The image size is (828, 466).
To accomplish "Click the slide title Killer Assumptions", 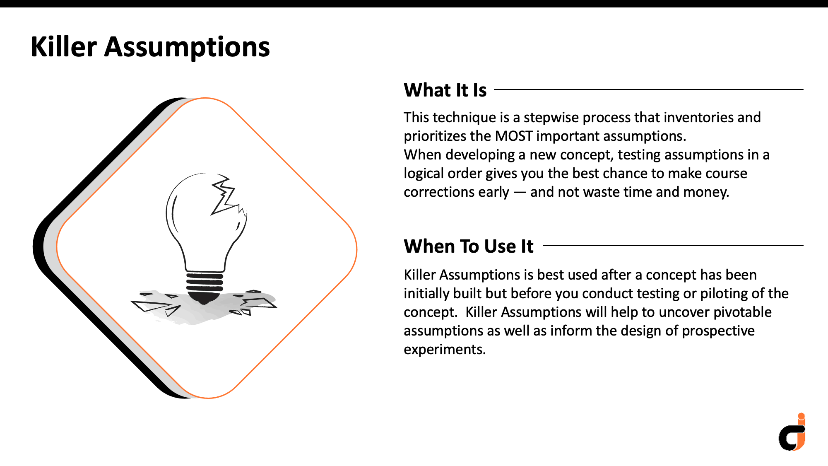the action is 150,47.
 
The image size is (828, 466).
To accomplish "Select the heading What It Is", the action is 445,90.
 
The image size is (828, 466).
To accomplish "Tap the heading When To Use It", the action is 469,246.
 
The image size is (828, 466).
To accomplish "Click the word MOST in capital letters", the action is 514,136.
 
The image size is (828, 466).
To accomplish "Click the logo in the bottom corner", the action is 792,432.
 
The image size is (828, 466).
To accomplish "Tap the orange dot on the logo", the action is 802,416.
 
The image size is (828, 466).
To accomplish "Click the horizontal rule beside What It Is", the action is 649,89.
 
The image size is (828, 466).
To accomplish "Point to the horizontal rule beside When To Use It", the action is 673,246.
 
